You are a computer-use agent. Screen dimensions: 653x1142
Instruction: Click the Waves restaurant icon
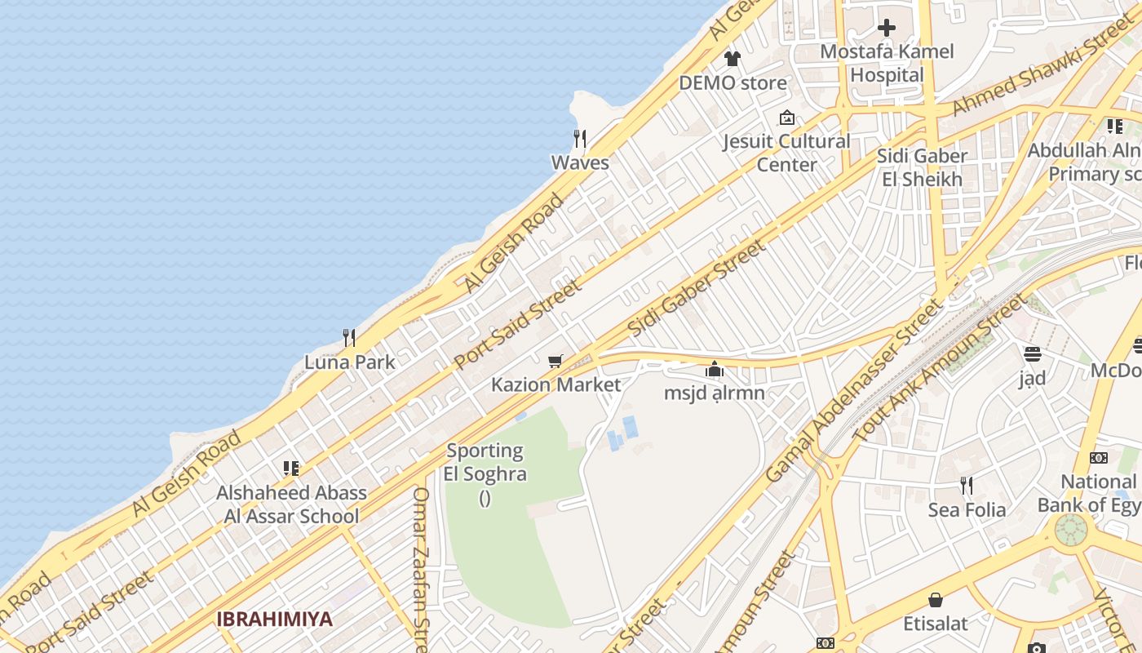580,138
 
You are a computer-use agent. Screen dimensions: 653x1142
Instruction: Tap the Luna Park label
350,362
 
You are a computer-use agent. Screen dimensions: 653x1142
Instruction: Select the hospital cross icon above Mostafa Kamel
887,28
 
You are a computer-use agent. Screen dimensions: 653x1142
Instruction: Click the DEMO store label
733,82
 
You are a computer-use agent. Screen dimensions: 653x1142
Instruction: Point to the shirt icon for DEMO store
732,59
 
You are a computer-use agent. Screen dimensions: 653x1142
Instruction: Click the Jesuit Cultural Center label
786,153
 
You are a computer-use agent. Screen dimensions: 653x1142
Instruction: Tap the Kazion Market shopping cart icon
556,361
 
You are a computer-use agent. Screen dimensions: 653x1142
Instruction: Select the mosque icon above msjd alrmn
715,369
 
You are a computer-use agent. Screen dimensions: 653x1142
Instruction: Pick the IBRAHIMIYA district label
275,619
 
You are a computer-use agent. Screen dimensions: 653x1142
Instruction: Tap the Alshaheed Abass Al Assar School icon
291,469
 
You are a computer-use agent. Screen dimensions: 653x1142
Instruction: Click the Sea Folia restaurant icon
967,486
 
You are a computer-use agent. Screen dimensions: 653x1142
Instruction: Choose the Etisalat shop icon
936,600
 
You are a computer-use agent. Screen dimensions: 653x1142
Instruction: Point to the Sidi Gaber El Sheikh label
922,167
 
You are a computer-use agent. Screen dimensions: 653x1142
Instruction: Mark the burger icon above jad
1032,354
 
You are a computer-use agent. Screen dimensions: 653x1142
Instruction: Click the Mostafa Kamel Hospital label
887,63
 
